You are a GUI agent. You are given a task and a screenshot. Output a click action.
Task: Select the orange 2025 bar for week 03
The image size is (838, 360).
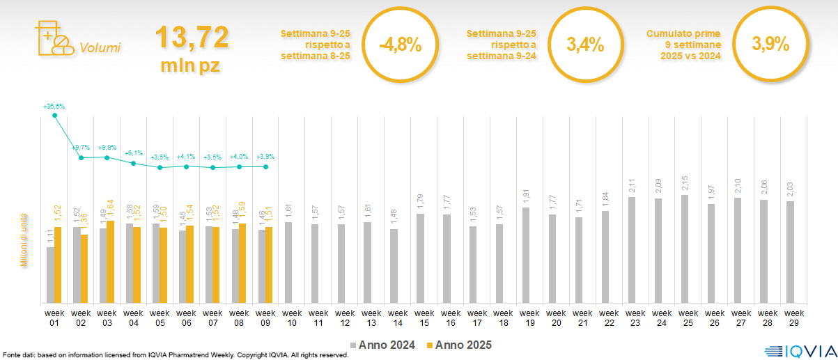110,262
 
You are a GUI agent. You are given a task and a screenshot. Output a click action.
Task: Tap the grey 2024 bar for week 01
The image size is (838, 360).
50,275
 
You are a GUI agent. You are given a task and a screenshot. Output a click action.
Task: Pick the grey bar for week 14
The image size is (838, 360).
394,266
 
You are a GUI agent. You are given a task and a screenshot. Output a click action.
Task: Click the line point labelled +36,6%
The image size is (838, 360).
55,116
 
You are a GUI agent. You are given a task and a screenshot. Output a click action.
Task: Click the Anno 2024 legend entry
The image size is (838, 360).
382,345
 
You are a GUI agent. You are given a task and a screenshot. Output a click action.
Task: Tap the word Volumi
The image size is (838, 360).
100,48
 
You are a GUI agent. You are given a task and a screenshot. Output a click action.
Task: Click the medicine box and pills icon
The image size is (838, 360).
53,38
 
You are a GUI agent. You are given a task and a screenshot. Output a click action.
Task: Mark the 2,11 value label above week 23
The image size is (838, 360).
633,187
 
